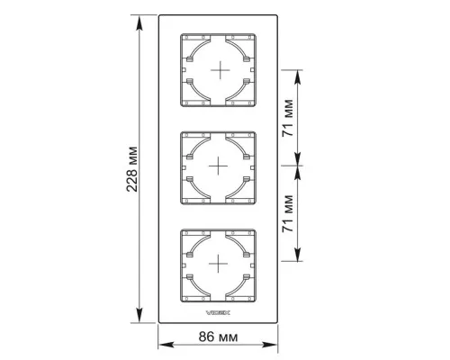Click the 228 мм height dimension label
131,169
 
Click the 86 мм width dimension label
218,337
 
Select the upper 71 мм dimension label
287,118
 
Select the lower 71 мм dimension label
287,213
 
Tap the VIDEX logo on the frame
218,312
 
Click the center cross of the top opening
220,70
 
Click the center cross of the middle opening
218,166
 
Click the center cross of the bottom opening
218,264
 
